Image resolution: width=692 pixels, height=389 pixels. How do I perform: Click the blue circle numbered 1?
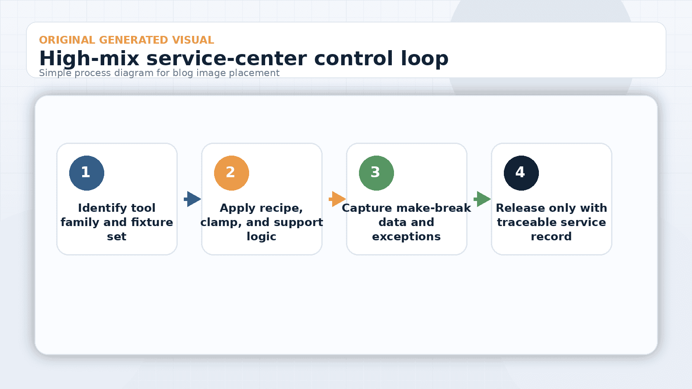[x=86, y=173]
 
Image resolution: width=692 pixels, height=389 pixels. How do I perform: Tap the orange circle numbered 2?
[x=231, y=173]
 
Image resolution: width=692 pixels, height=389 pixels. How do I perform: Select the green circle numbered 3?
[x=376, y=173]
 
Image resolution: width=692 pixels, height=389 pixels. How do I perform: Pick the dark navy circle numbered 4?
[x=521, y=173]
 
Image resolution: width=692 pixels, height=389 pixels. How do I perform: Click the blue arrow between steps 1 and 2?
[x=193, y=199]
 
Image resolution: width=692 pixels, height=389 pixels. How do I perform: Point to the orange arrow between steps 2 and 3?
[x=338, y=199]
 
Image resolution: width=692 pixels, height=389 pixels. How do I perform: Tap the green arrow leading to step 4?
[x=483, y=199]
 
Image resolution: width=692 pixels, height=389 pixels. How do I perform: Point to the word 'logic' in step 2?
[x=261, y=237]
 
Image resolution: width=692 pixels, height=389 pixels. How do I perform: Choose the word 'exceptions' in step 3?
[x=406, y=237]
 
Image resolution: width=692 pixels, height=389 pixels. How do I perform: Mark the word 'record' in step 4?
[x=551, y=237]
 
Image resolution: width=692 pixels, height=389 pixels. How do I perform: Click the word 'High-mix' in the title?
[x=89, y=59]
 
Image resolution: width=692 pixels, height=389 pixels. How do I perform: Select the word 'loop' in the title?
[x=424, y=59]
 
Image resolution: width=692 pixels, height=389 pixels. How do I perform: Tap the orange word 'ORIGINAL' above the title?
[x=67, y=40]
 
